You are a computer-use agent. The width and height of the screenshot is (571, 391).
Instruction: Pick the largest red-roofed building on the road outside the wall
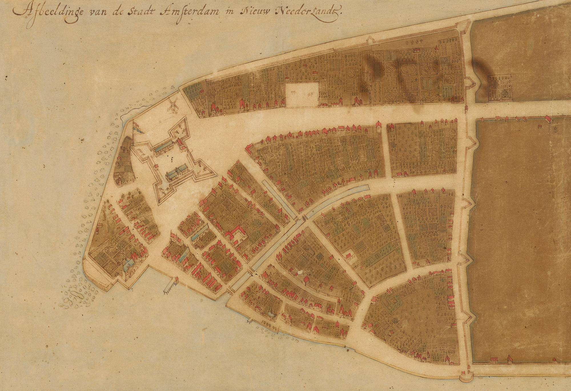(548, 119)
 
